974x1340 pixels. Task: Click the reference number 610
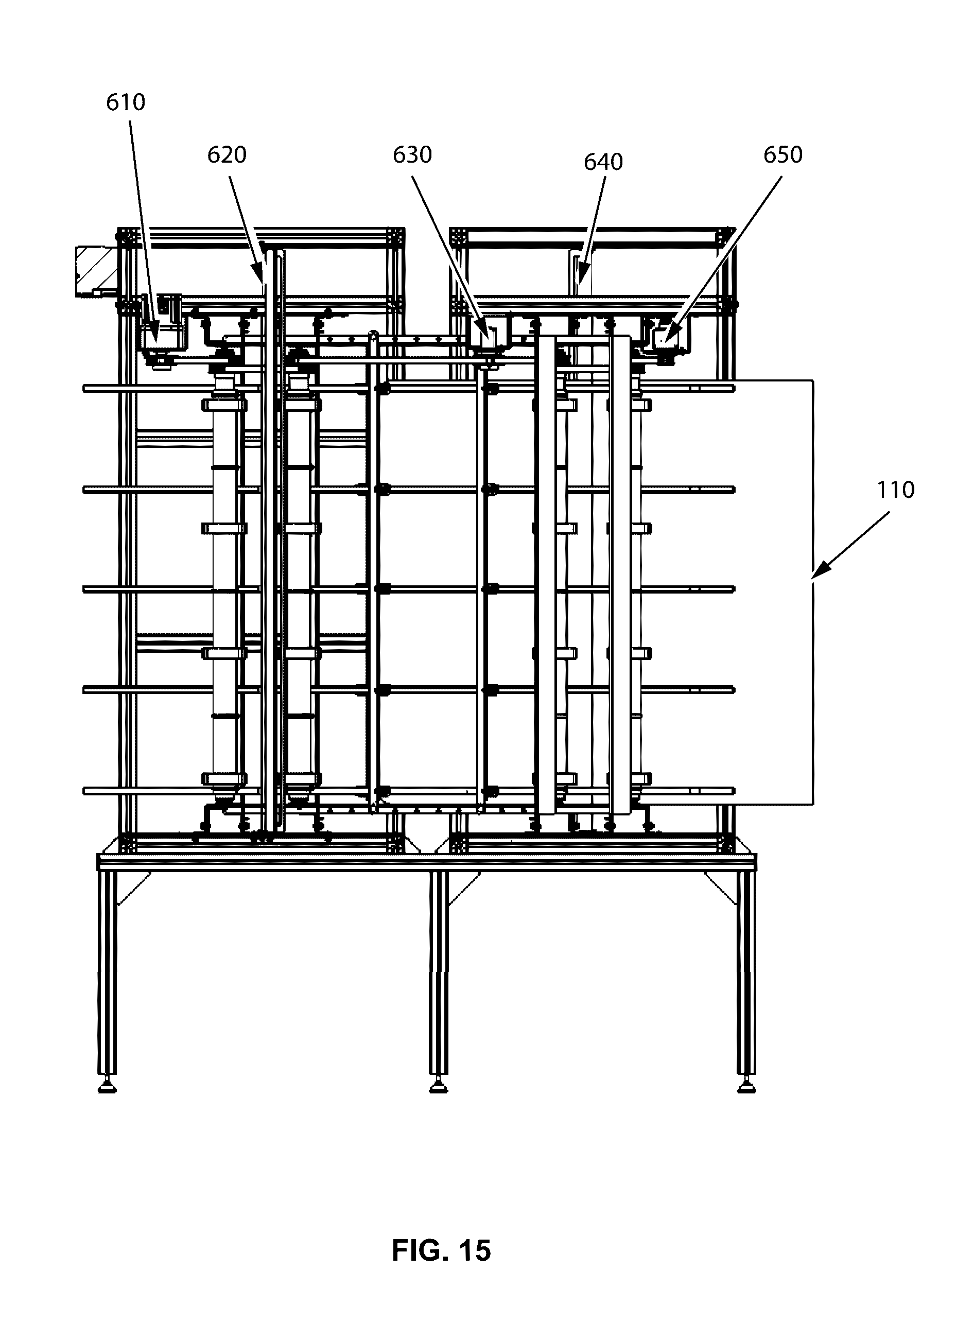125,102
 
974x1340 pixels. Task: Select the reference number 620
226,155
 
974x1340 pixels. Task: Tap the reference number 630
412,155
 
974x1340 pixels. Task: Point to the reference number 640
603,162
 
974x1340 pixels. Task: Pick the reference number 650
782,155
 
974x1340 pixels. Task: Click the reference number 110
895,490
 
